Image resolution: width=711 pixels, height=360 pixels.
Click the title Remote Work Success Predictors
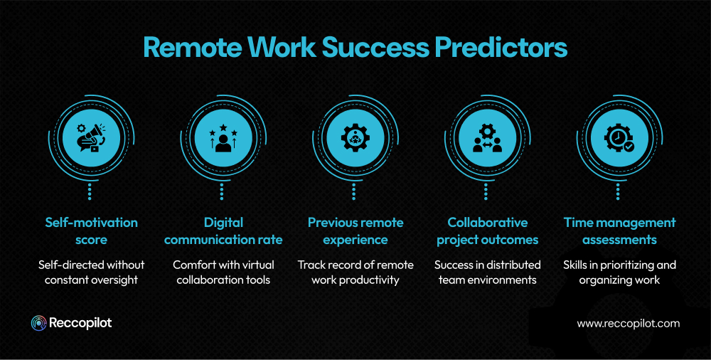[355, 47]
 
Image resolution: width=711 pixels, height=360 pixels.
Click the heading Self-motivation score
[90, 231]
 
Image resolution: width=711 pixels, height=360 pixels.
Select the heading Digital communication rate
[223, 231]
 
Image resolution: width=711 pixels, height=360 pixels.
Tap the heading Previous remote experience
[355, 231]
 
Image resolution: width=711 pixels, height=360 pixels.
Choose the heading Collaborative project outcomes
[487, 231]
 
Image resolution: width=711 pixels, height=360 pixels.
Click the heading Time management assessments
[619, 231]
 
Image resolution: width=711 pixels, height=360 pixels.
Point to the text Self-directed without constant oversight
[90, 272]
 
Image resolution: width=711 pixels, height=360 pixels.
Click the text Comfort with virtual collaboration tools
[223, 272]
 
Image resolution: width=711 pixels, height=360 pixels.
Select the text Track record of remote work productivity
[355, 272]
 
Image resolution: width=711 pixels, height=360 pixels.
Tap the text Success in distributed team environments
[487, 272]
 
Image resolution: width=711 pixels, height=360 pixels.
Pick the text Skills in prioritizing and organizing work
[619, 272]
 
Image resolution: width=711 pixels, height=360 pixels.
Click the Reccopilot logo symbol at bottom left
[38, 323]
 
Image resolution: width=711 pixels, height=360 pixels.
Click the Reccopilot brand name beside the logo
[80, 323]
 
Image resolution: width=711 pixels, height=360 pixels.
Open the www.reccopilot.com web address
[628, 323]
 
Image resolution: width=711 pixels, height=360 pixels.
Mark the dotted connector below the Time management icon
[619, 191]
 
